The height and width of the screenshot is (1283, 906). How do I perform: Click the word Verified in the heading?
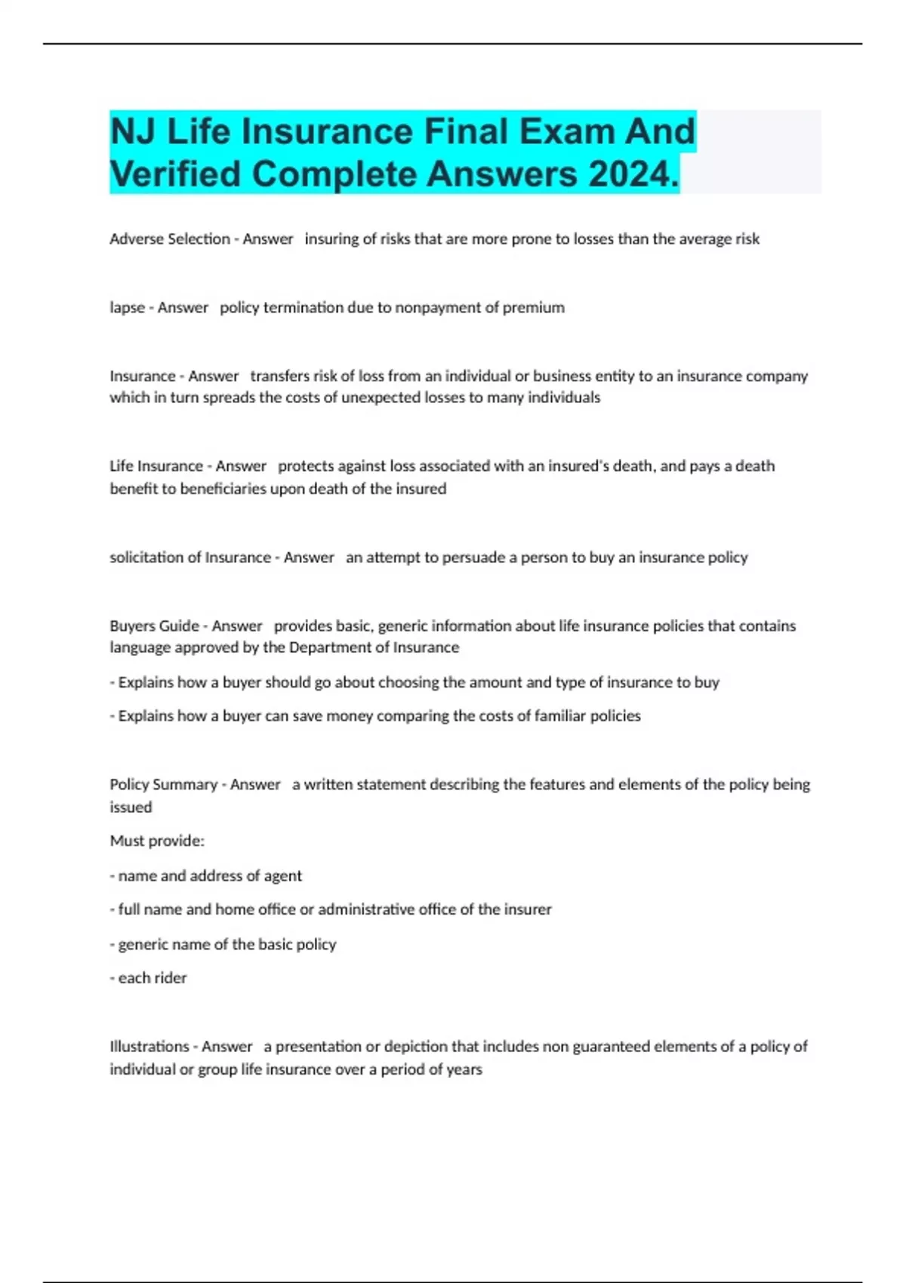pos(176,174)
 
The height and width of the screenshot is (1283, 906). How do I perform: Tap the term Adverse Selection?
pos(169,239)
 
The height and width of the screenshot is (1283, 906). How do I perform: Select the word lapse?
pos(127,308)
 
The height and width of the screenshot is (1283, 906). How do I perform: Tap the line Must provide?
pos(157,841)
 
